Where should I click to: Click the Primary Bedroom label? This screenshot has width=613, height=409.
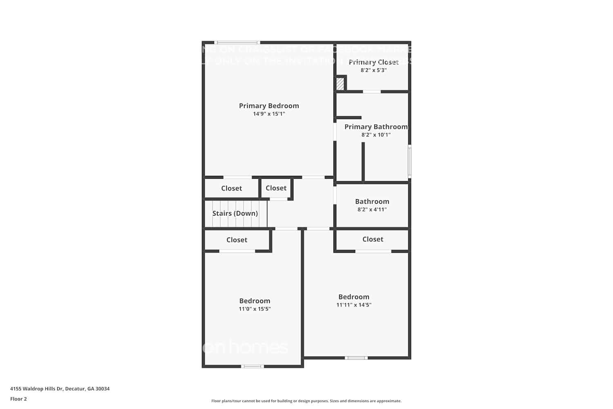pos(269,106)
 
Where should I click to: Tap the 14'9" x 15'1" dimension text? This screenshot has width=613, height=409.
pos(269,114)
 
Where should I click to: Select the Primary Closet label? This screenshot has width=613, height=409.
pos(374,62)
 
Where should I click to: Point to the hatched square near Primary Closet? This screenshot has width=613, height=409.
pos(340,84)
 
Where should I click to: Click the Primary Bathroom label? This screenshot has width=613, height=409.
pos(376,127)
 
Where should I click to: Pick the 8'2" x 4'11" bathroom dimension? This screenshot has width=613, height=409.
pos(372,209)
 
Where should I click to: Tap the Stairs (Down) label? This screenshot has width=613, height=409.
pos(235,213)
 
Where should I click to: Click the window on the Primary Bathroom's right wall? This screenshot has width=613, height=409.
pos(409,162)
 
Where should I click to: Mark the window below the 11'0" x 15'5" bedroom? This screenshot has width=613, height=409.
pos(253,366)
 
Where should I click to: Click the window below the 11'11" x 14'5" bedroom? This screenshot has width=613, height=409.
pos(356,358)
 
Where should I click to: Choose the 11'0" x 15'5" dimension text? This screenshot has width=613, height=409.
pos(255,309)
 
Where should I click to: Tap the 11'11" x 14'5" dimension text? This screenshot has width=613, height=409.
pos(354,305)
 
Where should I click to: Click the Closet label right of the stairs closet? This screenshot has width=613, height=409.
pos(276,188)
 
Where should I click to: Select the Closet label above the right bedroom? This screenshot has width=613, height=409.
pos(373,239)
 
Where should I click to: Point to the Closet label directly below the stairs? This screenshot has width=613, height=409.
pos(237,240)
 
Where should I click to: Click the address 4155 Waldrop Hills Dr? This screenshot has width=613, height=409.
pos(60,389)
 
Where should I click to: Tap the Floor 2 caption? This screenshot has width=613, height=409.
pos(18,399)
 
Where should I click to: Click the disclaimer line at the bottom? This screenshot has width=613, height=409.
pos(306,401)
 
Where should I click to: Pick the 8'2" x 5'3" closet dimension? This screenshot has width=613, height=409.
pos(374,70)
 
